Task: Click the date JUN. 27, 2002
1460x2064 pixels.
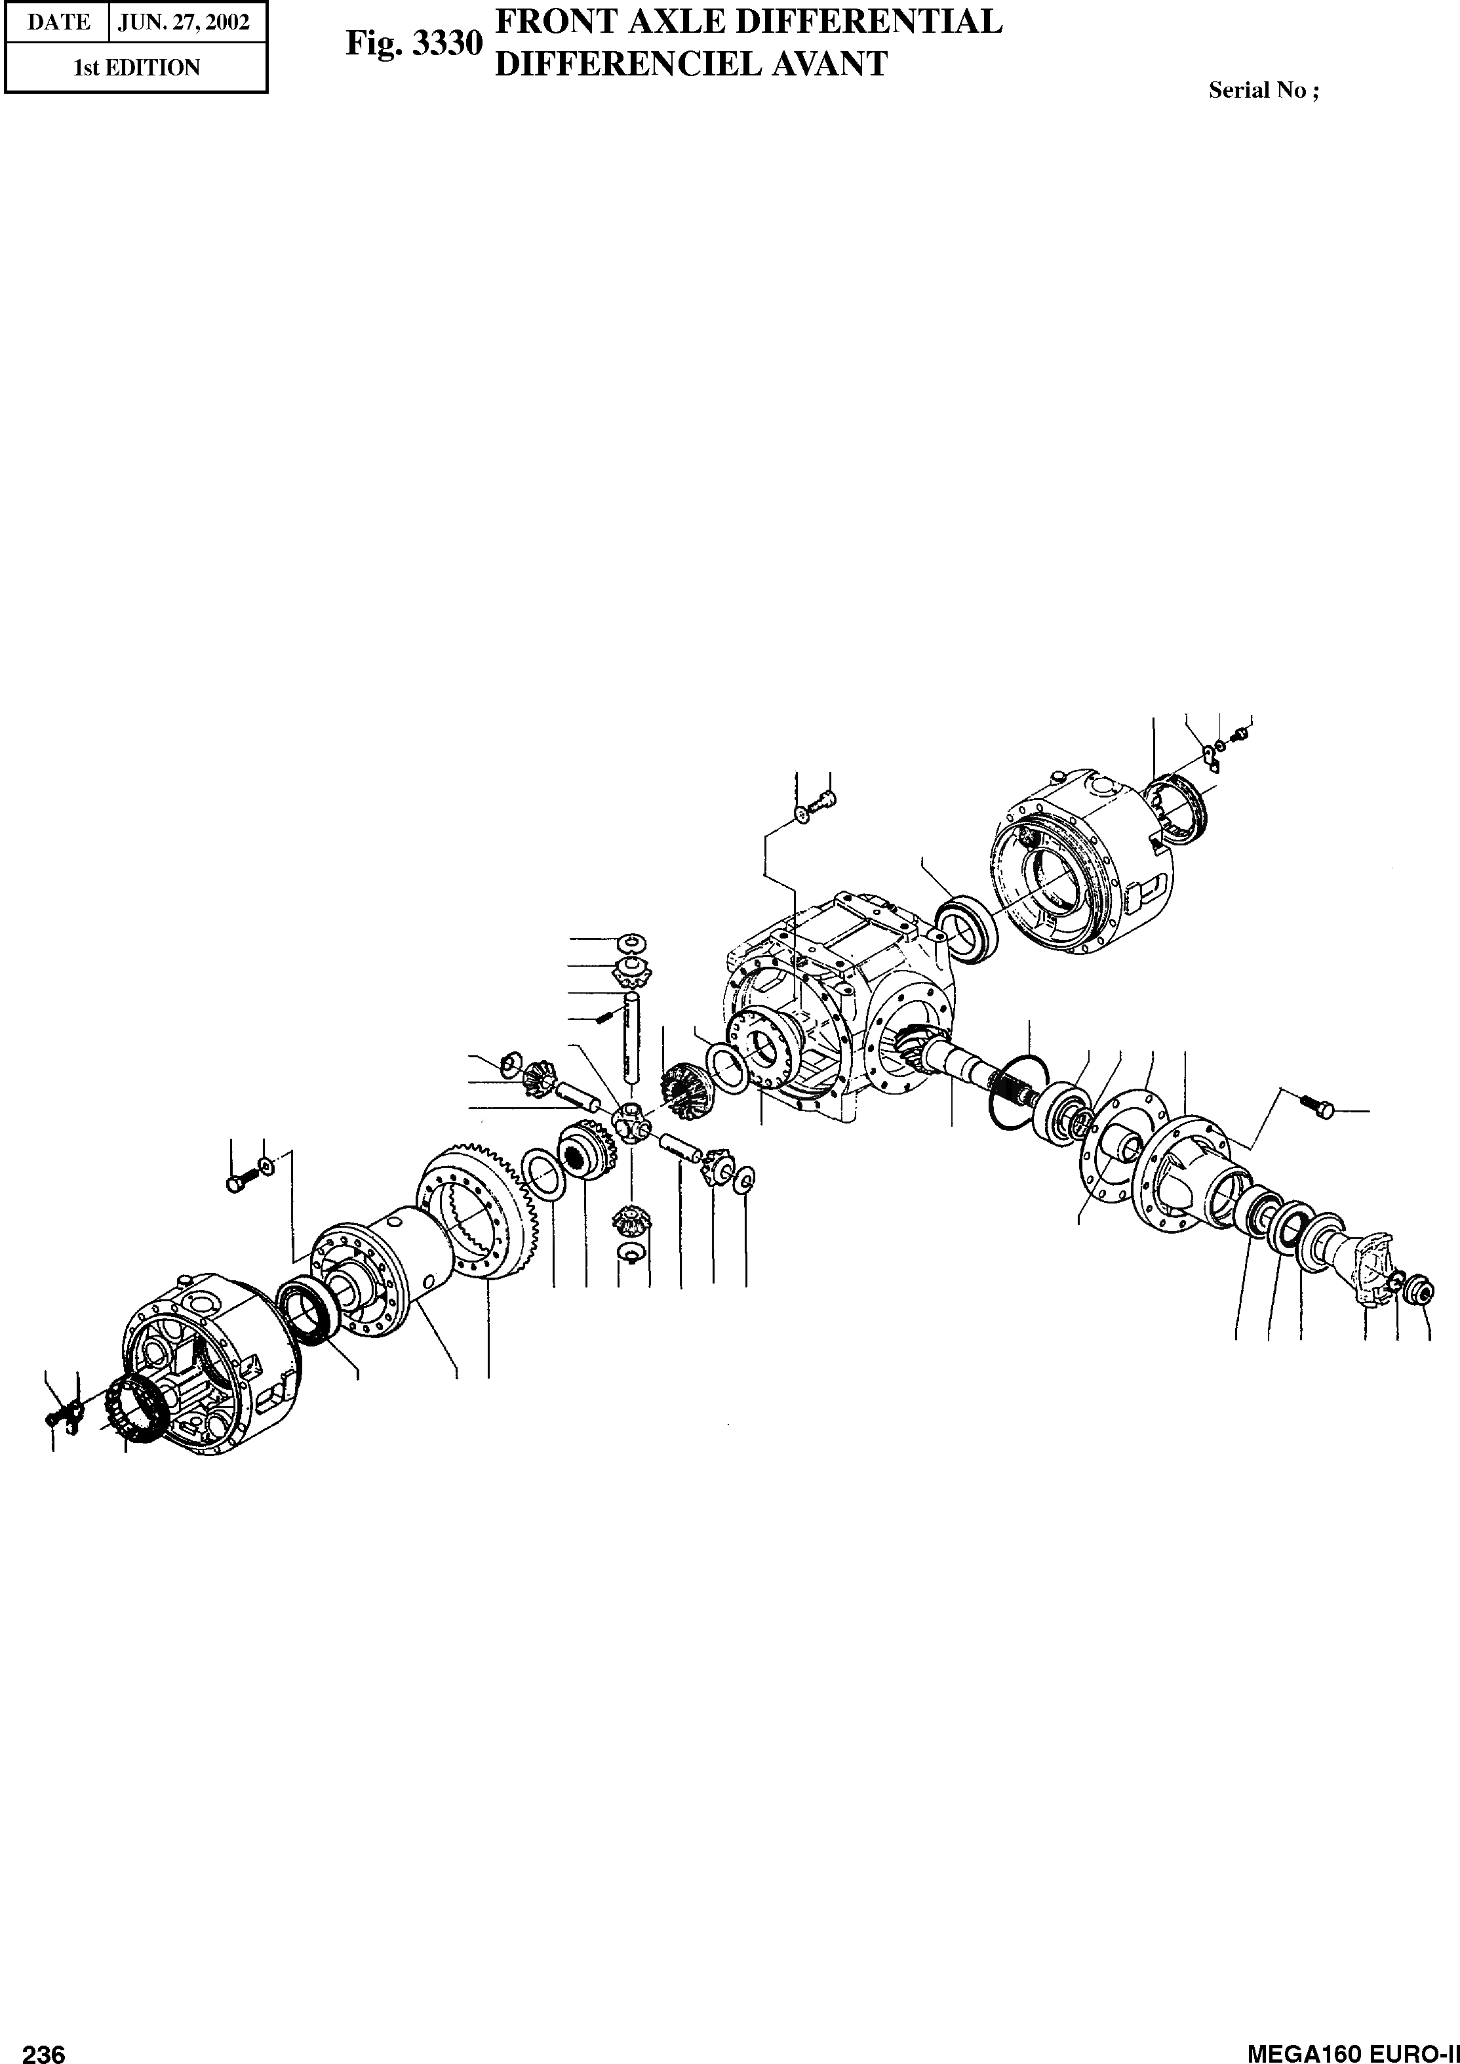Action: [x=188, y=22]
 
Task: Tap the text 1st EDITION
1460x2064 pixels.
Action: [x=136, y=68]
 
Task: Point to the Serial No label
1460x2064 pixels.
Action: [x=1263, y=90]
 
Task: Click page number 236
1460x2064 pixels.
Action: [x=44, y=2050]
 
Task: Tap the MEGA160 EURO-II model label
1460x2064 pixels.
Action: [x=1353, y=2050]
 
